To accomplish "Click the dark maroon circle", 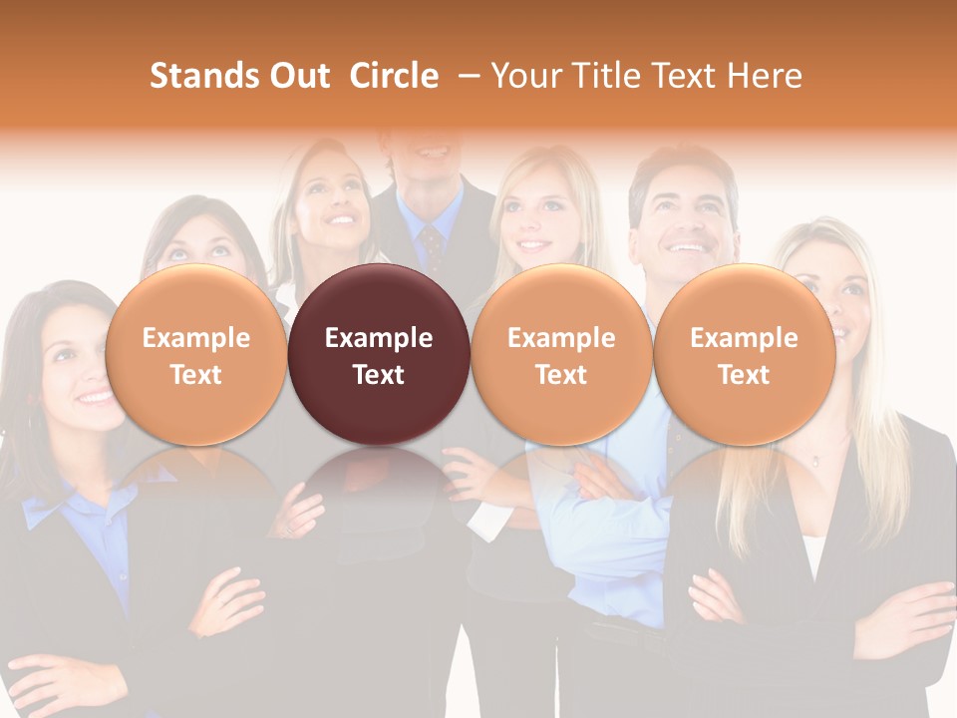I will click(379, 355).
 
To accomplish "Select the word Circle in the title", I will click(394, 76).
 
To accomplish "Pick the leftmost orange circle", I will click(195, 355).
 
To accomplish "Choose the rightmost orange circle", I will click(744, 355).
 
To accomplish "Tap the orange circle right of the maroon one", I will click(561, 355).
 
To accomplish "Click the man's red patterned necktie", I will click(431, 244).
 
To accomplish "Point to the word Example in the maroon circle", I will click(379, 338).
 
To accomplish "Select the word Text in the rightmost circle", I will click(744, 375).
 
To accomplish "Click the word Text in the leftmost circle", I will click(195, 375).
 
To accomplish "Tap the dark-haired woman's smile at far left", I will click(97, 397).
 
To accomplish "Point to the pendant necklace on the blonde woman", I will click(814, 461).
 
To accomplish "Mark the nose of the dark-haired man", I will click(682, 221).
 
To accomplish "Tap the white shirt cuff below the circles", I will click(487, 520).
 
